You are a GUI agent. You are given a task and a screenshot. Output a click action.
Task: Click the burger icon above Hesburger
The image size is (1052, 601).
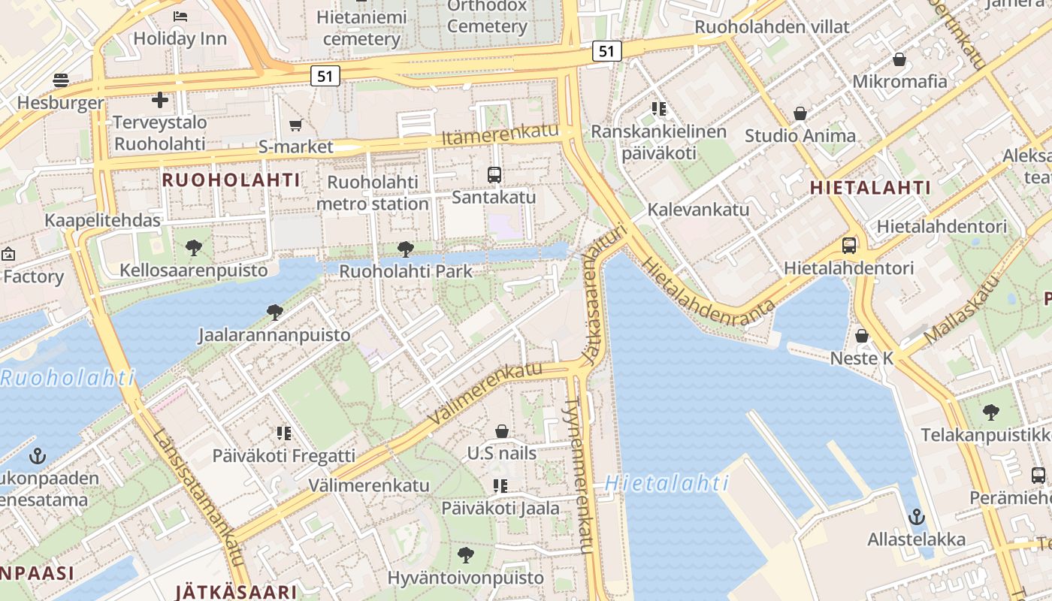[x=61, y=80]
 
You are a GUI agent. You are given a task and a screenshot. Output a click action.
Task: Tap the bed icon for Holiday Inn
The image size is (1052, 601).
[x=180, y=16]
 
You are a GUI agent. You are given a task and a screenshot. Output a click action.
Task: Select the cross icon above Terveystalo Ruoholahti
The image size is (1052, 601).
[x=159, y=99]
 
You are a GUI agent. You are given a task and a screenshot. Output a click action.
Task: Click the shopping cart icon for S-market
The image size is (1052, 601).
[x=295, y=125]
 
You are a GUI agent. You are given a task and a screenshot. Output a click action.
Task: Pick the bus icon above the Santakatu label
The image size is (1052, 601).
[x=494, y=175]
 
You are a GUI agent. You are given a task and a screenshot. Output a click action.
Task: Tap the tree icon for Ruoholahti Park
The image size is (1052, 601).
[x=406, y=249]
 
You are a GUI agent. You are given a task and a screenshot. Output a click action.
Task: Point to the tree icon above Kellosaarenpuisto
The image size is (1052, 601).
[x=193, y=247]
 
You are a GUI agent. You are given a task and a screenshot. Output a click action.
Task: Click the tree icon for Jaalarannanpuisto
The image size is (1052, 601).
[x=274, y=312]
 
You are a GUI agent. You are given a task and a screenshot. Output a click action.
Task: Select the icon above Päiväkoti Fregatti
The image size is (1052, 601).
[x=283, y=433]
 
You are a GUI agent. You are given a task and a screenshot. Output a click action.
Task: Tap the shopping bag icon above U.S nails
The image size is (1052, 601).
[x=502, y=431]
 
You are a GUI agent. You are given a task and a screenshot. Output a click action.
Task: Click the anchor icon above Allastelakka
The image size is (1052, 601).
[x=916, y=517]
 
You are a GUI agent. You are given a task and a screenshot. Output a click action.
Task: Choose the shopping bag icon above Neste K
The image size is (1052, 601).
[x=862, y=336]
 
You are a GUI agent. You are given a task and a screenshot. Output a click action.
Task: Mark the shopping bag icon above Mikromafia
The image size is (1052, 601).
[x=899, y=59]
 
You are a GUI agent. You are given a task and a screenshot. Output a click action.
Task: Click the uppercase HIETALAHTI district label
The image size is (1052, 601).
[x=871, y=189]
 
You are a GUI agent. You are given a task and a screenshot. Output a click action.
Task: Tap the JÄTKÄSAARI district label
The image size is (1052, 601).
[x=236, y=592]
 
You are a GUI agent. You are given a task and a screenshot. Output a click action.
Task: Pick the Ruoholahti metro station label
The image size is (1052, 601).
[x=373, y=193]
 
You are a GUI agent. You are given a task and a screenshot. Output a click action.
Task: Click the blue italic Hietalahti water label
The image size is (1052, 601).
[x=667, y=483]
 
